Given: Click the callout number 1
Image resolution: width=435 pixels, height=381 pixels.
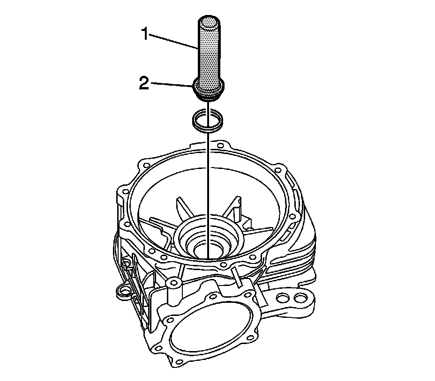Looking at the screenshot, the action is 147,35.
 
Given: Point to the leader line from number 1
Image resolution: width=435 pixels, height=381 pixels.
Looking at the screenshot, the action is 176,41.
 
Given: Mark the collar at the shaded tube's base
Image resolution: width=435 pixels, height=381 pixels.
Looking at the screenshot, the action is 209,90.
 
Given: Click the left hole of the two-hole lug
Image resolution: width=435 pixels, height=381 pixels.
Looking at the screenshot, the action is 283,298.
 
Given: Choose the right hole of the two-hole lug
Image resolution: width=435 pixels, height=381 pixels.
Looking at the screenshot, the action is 299,298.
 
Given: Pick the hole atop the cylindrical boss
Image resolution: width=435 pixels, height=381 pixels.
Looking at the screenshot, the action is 172,284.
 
